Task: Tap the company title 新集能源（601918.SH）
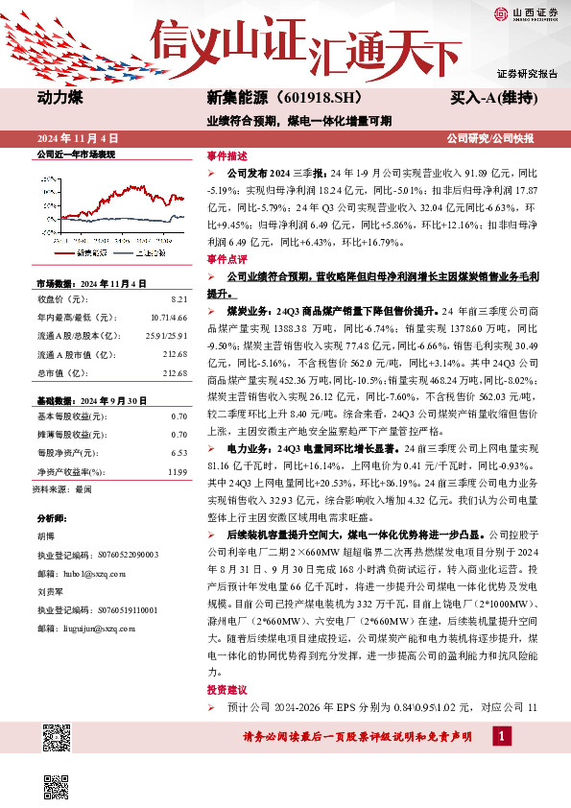coord(271,98)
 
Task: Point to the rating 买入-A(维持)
coord(493,98)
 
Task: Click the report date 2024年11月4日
coord(78,138)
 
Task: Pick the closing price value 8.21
coord(178,298)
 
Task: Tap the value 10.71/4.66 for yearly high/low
coord(169,317)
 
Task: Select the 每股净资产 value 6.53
coord(178,452)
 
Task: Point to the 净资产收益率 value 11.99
coord(177,471)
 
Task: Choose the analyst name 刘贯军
coord(49,592)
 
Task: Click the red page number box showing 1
coord(501,735)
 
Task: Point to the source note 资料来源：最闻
coord(62,489)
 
